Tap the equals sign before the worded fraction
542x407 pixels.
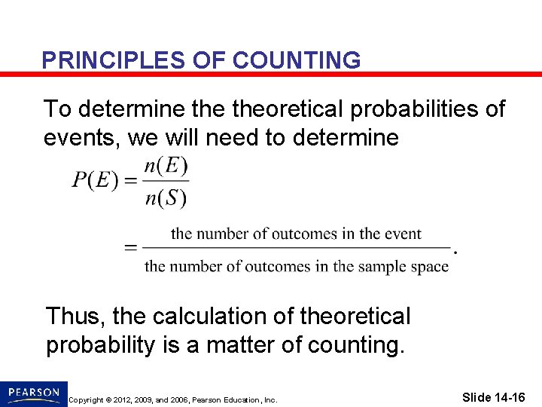[130, 247]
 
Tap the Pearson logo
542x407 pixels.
[34, 393]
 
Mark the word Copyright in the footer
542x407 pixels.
[85, 399]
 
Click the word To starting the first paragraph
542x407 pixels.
[59, 109]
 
